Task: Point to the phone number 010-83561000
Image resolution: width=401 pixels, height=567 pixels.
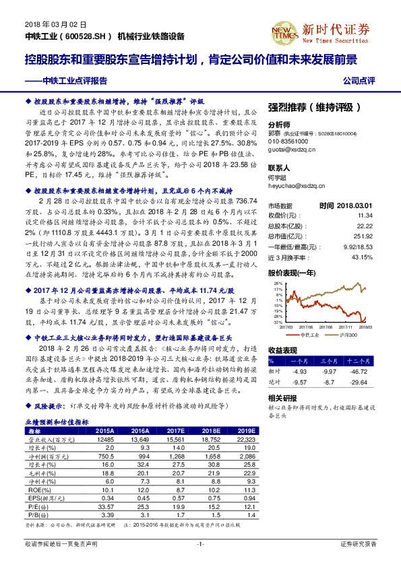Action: (288, 141)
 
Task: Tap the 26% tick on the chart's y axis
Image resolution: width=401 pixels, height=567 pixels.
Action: (277, 284)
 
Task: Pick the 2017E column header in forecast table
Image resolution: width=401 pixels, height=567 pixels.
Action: (177, 430)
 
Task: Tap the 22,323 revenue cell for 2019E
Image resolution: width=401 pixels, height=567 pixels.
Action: (246, 439)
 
